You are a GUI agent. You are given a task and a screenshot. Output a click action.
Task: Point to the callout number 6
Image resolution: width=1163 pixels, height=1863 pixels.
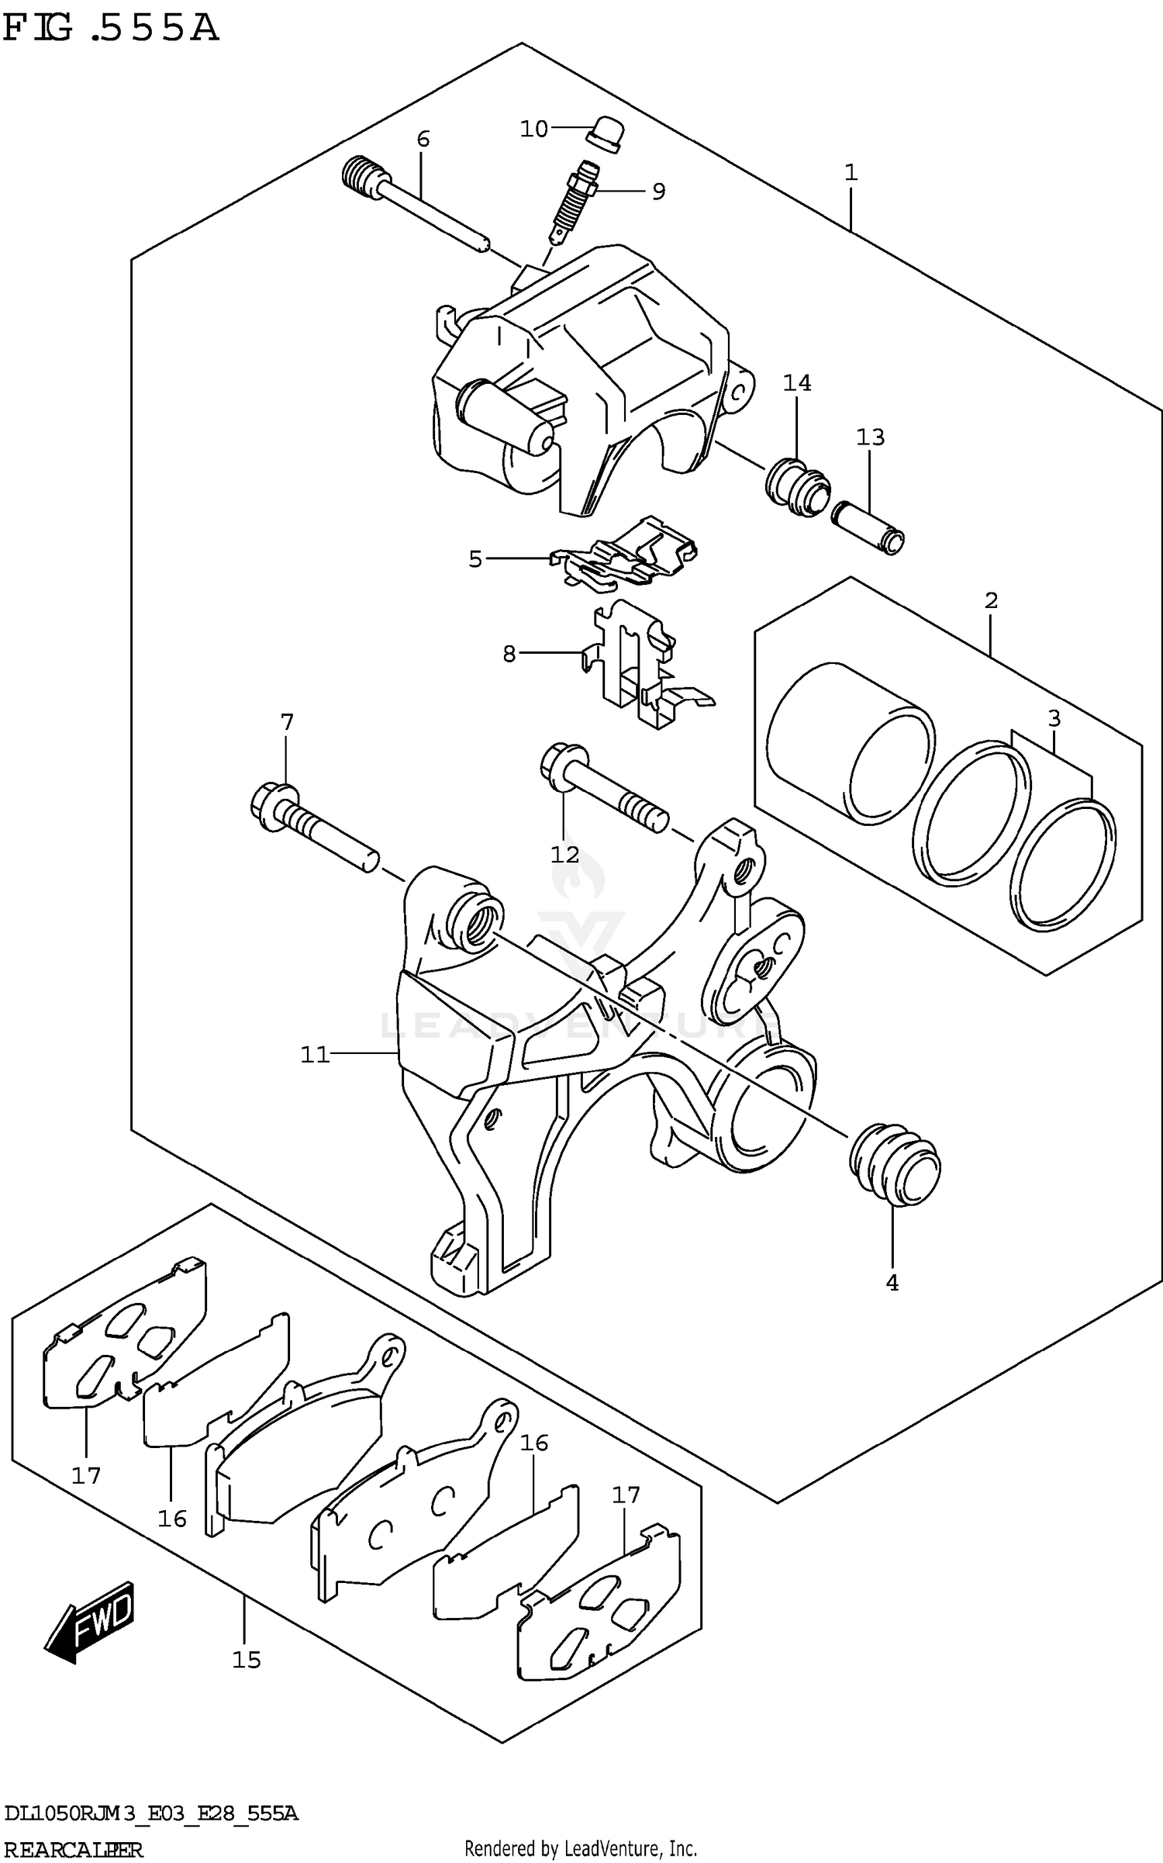pyautogui.click(x=423, y=140)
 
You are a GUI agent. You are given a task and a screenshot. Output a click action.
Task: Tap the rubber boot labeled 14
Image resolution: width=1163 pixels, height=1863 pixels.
pyautogui.click(x=796, y=488)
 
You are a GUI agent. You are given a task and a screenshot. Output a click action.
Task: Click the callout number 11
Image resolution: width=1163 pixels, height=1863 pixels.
pyautogui.click(x=315, y=1055)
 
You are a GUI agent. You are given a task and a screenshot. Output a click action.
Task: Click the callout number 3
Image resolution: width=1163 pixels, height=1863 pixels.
pyautogui.click(x=1054, y=719)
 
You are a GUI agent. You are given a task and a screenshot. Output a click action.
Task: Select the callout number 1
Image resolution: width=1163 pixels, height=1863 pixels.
pyautogui.click(x=851, y=172)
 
